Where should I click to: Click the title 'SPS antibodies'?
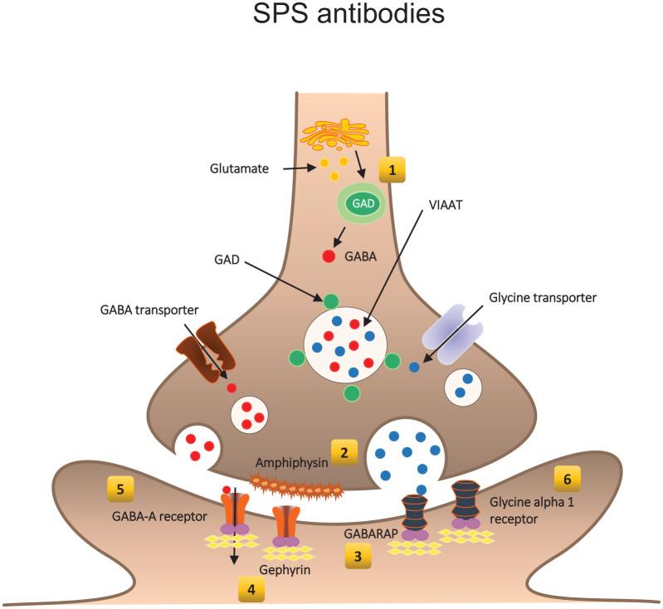(331, 16)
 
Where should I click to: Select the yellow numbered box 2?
(344, 451)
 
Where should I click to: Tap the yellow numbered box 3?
(358, 555)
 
